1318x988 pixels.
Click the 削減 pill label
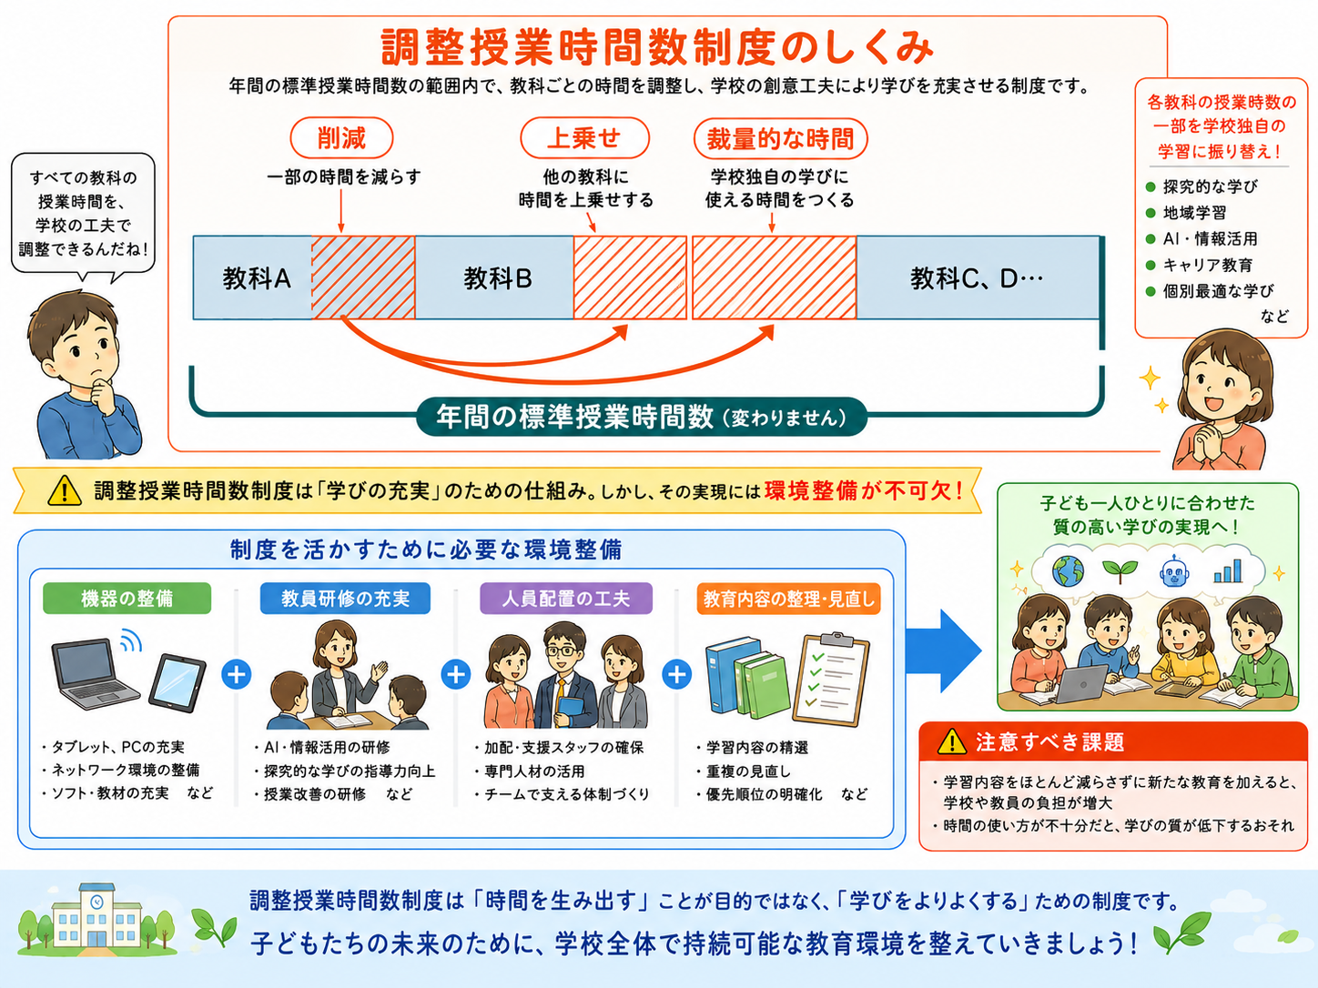(341, 138)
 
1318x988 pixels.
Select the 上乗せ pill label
(584, 138)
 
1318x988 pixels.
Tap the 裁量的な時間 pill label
(780, 138)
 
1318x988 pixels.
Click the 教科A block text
(257, 278)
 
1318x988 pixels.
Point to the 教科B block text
(498, 278)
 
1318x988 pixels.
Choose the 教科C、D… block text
(977, 278)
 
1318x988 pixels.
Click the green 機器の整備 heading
(127, 598)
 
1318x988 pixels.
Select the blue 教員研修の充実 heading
(345, 598)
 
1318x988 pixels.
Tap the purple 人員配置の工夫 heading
(565, 598)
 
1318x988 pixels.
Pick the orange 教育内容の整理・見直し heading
(788, 599)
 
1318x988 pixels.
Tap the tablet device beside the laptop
(177, 682)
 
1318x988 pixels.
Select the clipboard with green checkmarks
(831, 679)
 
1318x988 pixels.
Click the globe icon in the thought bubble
(1069, 570)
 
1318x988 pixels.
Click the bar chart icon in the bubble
(1228, 570)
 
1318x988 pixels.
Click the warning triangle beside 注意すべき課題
(952, 742)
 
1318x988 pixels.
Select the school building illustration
(96, 919)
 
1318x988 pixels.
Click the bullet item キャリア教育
(1208, 265)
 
